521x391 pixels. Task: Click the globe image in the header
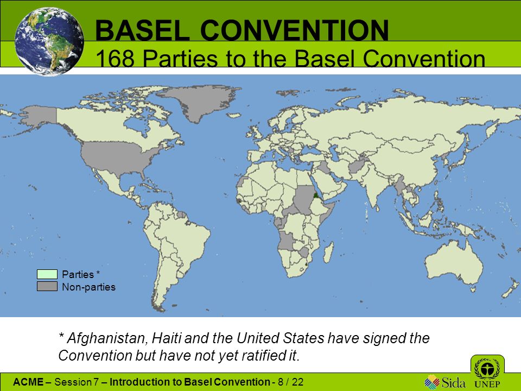click(x=49, y=42)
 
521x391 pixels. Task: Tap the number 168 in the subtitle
click(x=115, y=59)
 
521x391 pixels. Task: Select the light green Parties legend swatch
click(x=47, y=274)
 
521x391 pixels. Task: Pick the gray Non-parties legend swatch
click(x=47, y=286)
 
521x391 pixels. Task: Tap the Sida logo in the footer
click(x=445, y=382)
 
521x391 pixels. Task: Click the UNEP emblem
click(x=487, y=373)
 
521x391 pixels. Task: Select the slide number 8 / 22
click(x=291, y=382)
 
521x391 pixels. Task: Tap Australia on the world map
click(x=454, y=263)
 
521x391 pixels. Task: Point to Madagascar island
click(x=328, y=252)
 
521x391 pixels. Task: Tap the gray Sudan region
click(x=304, y=199)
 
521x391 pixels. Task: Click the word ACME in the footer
click(x=28, y=382)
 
